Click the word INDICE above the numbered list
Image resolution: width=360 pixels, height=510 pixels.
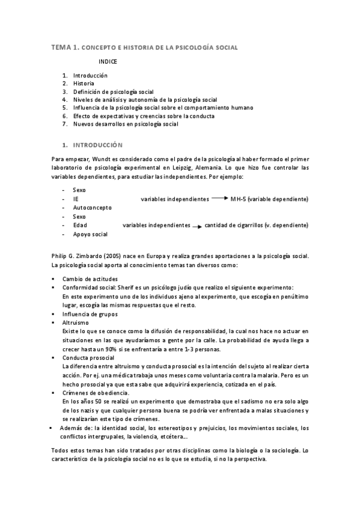pyautogui.click(x=108, y=61)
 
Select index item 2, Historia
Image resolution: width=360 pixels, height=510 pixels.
pyautogui.click(x=84, y=84)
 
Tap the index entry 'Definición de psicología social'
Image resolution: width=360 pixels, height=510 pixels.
pyautogui.click(x=114, y=91)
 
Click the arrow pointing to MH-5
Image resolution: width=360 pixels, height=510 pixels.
pyautogui.click(x=219, y=198)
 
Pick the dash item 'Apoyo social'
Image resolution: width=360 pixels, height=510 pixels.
pyautogui.click(x=90, y=234)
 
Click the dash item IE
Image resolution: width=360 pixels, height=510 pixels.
pyautogui.click(x=76, y=198)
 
